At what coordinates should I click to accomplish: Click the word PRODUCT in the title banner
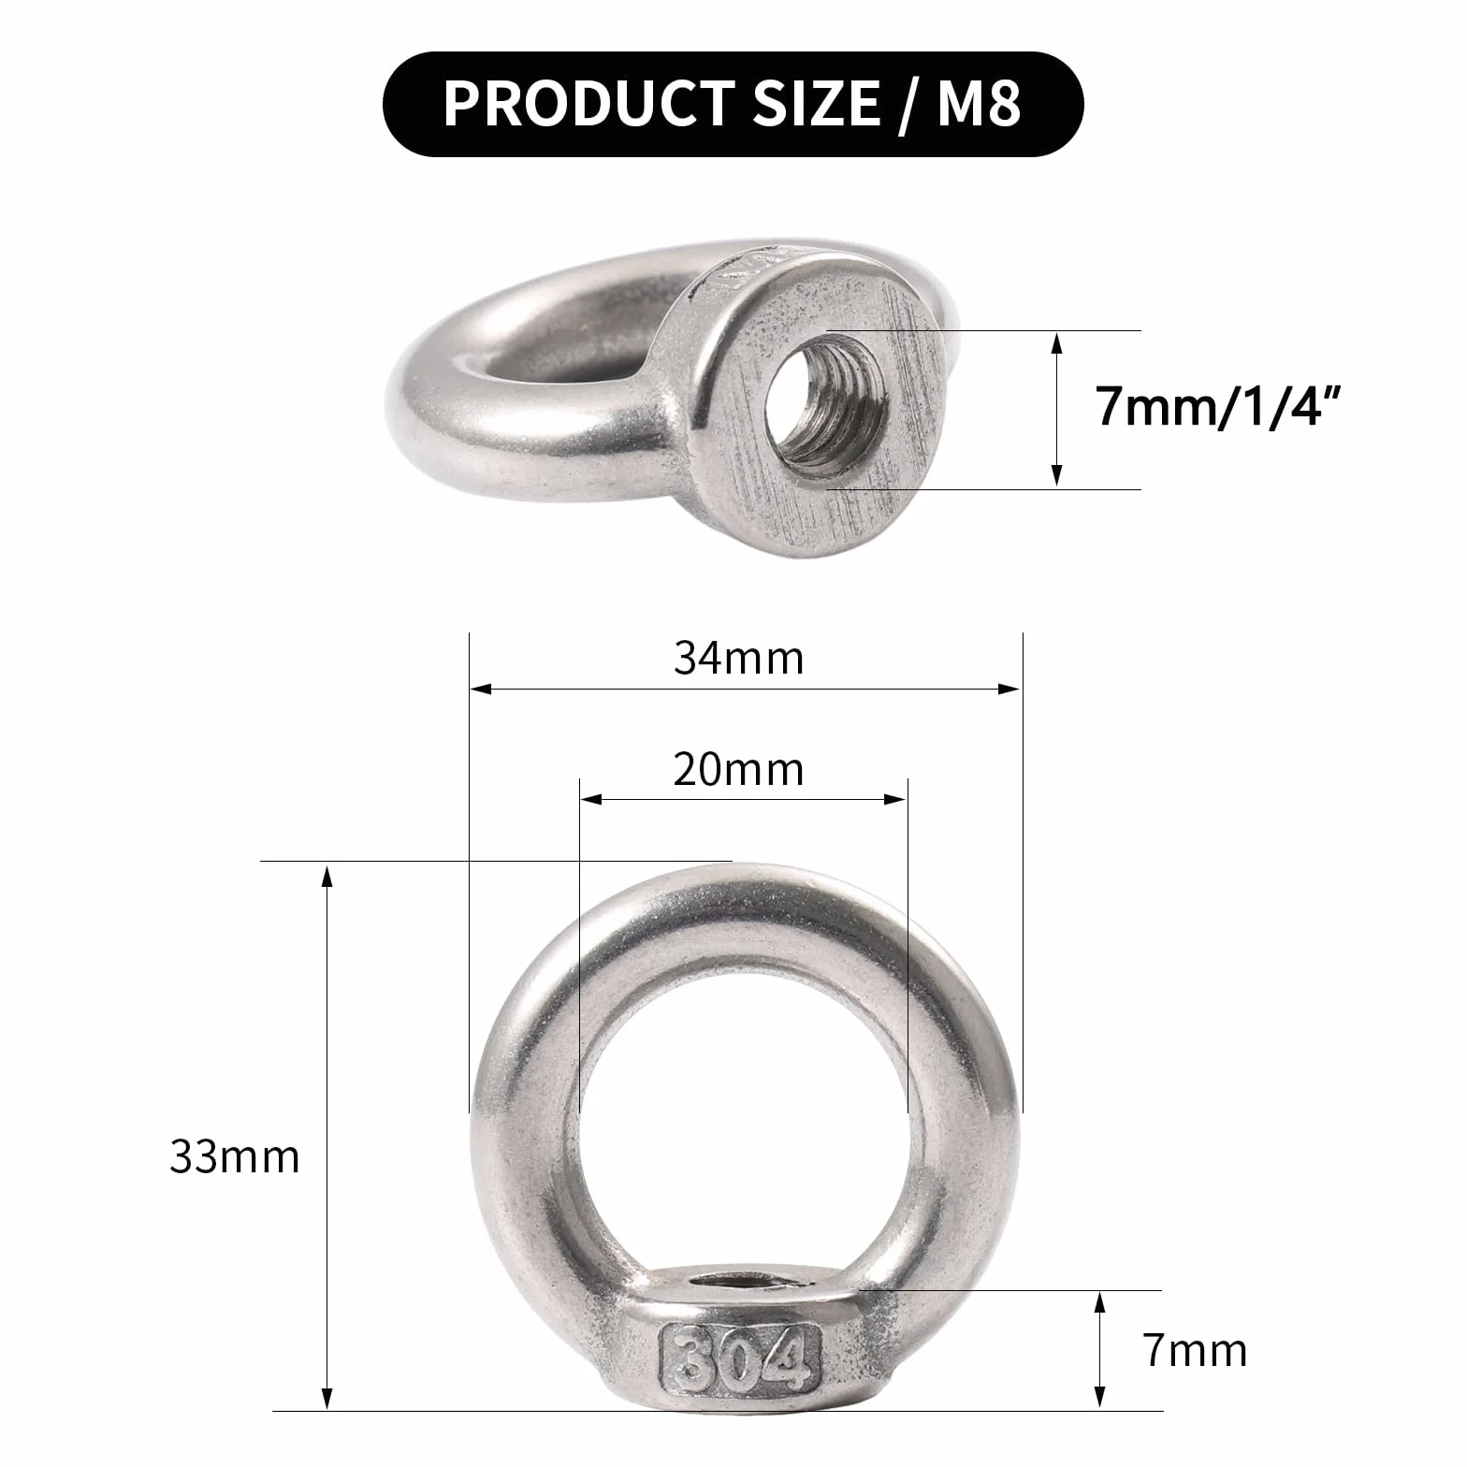[588, 103]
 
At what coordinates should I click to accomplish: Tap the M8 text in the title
[979, 103]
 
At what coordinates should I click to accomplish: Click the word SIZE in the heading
[815, 103]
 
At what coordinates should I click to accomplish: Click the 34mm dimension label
[738, 659]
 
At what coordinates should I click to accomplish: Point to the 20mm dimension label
[738, 770]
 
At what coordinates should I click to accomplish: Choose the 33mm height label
[234, 1157]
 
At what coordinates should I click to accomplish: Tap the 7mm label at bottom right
[1195, 1351]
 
